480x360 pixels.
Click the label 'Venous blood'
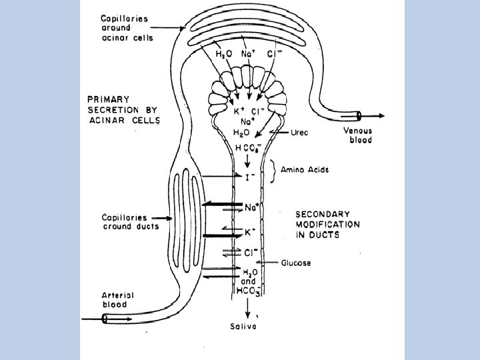(x=357, y=135)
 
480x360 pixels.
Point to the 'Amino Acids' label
(x=304, y=170)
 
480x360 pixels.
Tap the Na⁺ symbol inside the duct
(x=251, y=207)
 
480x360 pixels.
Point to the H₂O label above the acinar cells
(x=223, y=54)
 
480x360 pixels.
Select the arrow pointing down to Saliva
(x=247, y=307)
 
